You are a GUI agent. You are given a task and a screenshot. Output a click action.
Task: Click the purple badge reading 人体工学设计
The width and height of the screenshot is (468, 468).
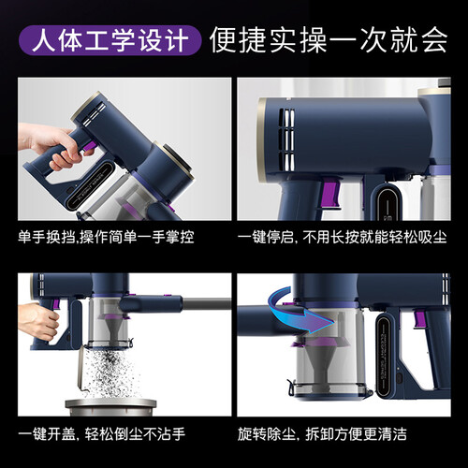click(110, 40)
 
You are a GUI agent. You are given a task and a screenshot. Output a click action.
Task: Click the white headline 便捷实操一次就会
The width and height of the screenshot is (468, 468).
click(329, 40)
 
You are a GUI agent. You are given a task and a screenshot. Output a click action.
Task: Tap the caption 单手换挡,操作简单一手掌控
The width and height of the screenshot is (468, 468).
click(106, 237)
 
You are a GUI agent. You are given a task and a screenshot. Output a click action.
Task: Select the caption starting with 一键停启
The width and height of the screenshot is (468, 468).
click(343, 237)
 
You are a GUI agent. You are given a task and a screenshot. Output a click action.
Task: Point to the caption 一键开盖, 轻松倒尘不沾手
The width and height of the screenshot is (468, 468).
click(102, 434)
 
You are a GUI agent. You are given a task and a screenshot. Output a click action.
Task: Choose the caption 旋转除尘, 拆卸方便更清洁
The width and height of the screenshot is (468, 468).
click(322, 434)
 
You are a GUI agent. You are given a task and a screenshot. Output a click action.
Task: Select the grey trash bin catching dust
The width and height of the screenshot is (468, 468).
click(110, 406)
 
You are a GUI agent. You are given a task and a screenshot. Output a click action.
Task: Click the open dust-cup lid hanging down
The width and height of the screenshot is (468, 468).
click(82, 369)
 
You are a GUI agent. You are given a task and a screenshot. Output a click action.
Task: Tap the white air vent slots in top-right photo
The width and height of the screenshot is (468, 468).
click(286, 139)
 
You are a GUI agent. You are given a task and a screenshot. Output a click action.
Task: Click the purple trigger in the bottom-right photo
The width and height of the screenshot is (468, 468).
click(419, 319)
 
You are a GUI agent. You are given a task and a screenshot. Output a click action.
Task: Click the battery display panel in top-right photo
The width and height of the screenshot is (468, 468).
click(387, 202)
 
